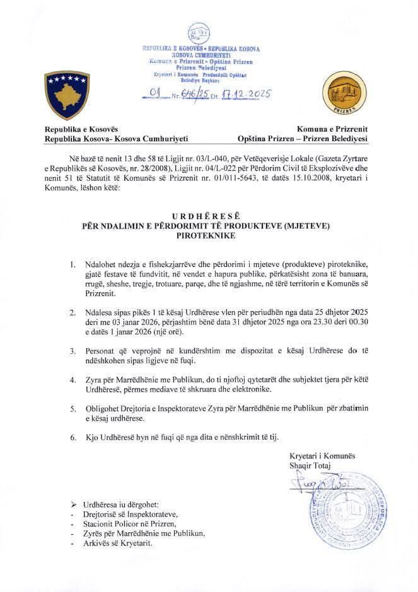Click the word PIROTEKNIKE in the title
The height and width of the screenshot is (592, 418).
(x=209, y=235)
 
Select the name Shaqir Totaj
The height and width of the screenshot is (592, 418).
(x=311, y=465)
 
